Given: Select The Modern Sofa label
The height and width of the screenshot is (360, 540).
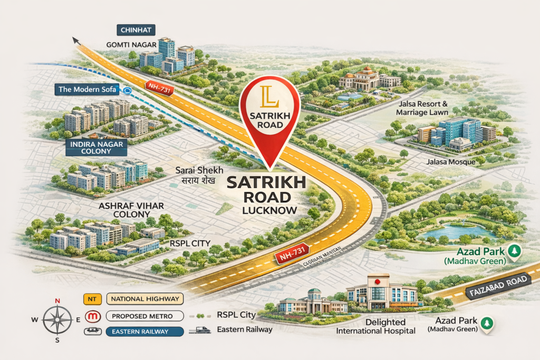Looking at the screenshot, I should (x=88, y=90).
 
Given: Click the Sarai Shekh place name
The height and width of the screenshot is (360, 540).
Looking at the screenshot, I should (x=199, y=171).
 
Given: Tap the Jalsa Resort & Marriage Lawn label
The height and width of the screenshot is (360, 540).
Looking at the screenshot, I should (x=423, y=108).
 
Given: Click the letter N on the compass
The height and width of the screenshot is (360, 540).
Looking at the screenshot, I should (x=57, y=301).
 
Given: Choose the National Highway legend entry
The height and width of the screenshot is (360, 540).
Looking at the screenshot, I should (x=145, y=299).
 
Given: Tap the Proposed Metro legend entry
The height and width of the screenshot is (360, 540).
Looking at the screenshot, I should (x=144, y=316).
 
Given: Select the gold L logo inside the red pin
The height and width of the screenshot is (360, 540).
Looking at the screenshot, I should (x=269, y=99).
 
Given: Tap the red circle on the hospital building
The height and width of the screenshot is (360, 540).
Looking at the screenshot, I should (x=377, y=280).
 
